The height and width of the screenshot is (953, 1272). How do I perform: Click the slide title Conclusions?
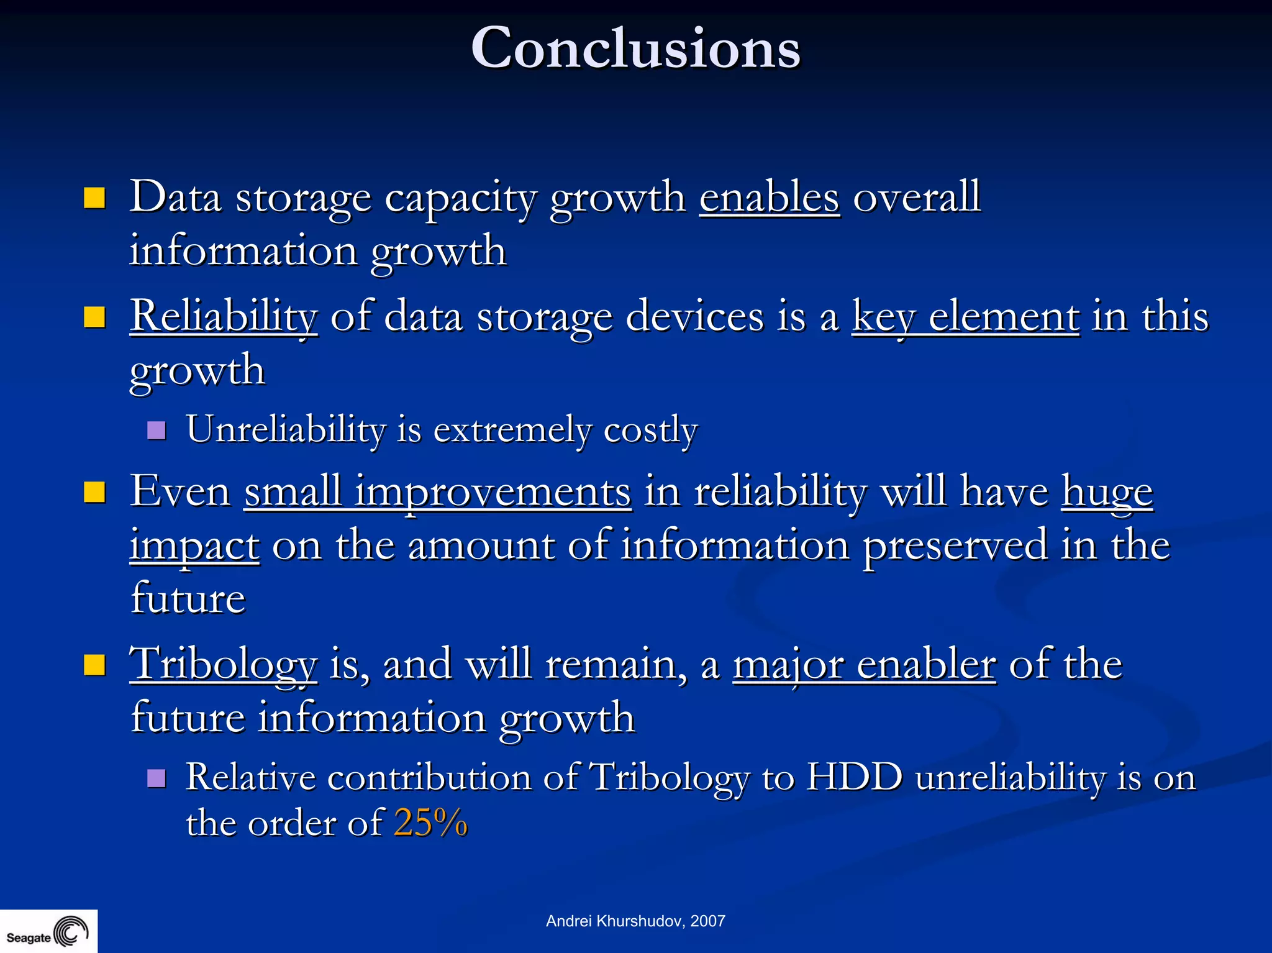[635, 48]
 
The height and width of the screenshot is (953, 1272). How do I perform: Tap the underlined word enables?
[770, 198]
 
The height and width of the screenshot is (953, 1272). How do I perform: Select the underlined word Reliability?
[224, 316]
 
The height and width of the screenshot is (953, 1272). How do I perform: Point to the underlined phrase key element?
[965, 316]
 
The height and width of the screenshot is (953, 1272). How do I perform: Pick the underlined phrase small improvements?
[438, 491]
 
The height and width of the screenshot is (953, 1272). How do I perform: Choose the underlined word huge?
[1107, 491]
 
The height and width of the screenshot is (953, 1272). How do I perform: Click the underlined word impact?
[194, 545]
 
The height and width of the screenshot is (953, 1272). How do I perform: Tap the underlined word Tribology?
[224, 664]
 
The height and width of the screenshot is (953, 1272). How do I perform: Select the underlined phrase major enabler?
[864, 664]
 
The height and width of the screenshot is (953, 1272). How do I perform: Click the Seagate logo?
[48, 932]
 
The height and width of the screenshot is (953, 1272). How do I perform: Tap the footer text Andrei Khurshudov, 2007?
[635, 921]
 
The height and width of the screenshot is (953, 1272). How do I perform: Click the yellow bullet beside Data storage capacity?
[94, 199]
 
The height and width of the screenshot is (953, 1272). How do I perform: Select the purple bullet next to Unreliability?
[157, 430]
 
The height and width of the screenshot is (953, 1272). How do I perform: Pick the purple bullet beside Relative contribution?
[157, 778]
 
